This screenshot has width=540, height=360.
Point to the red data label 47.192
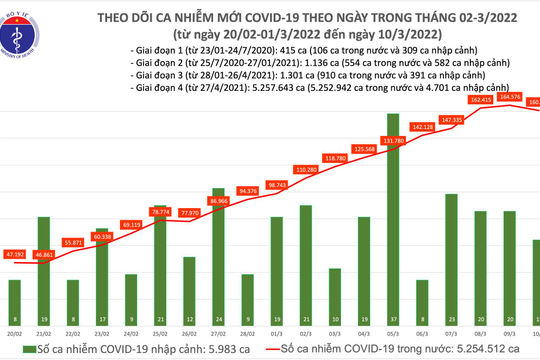(x=15, y=255)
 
